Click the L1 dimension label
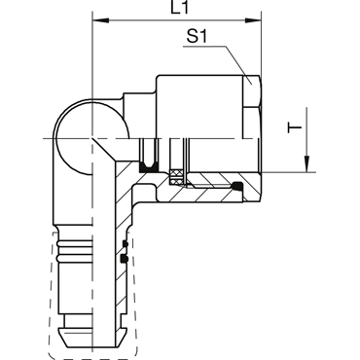coord(179,8)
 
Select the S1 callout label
coord(197,36)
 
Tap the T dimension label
coord(295,126)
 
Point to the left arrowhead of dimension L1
coord(100,21)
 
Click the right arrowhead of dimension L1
coord(253,21)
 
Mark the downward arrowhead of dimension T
coord(306,163)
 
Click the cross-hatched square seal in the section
coord(176,177)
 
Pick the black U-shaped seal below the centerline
coord(149,167)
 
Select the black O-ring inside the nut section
coord(236,186)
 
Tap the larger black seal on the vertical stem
coord(124,258)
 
